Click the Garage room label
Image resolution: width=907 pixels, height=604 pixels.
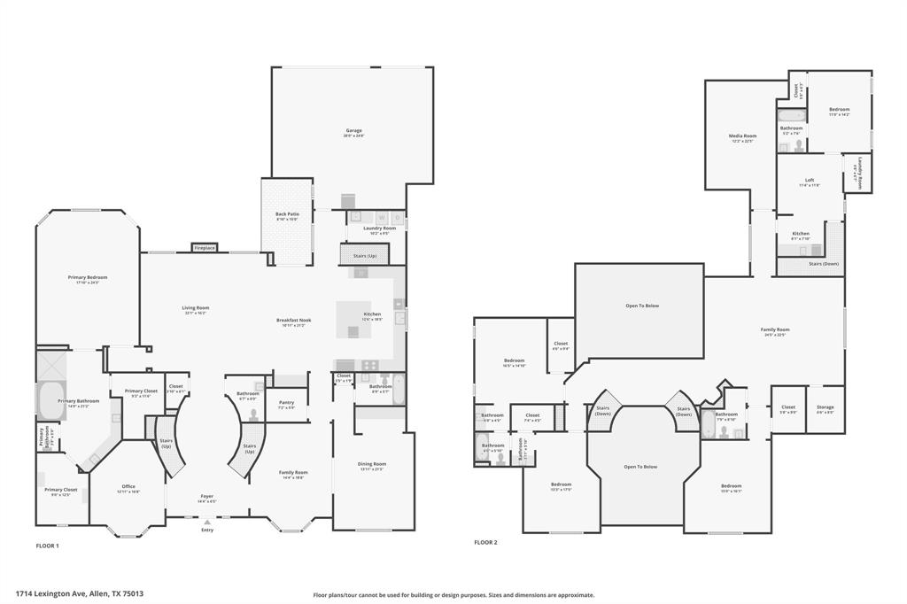tap(353, 131)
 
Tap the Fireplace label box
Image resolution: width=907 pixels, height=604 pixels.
tap(205, 248)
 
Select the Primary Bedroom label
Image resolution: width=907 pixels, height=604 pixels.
tap(88, 278)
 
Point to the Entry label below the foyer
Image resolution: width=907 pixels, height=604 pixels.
tap(207, 530)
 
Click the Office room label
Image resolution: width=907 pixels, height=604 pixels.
tap(128, 486)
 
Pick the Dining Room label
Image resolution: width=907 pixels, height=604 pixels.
tap(373, 464)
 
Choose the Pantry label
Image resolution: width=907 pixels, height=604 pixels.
tap(285, 403)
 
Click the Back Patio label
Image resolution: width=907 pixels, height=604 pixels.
tap(286, 214)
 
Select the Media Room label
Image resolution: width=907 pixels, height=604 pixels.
tap(742, 136)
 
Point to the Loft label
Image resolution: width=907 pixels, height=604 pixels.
tap(810, 180)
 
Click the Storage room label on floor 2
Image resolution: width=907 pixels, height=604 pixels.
tap(825, 407)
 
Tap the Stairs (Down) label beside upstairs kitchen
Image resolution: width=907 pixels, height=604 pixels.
tap(824, 263)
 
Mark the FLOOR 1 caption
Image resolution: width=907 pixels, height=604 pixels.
tap(47, 546)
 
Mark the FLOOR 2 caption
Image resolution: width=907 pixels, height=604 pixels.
tap(485, 542)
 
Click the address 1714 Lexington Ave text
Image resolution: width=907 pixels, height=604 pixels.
tap(80, 594)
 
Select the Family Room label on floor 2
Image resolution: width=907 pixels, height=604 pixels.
tap(775, 329)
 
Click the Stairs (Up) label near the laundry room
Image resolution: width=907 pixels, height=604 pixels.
tap(365, 256)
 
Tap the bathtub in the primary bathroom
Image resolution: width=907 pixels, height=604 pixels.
tap(50, 400)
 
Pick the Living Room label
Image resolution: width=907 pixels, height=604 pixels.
tap(196, 308)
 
